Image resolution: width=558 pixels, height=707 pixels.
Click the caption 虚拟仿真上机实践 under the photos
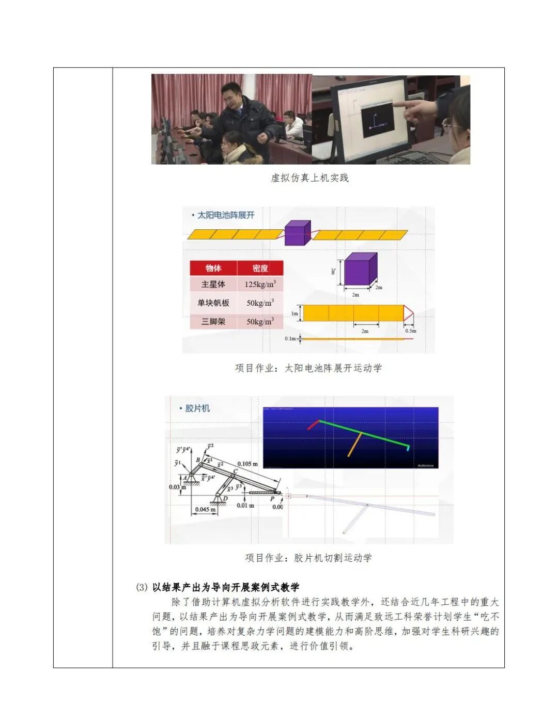click(309, 178)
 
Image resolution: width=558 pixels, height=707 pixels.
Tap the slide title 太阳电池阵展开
click(226, 215)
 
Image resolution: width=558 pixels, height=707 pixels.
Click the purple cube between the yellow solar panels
click(297, 233)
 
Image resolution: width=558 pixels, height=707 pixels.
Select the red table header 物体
click(213, 268)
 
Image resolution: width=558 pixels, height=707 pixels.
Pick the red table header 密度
click(260, 268)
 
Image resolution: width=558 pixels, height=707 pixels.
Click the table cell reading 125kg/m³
click(260, 285)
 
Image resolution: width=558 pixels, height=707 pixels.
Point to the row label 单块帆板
click(213, 303)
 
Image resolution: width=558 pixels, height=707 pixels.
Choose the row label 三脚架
click(213, 322)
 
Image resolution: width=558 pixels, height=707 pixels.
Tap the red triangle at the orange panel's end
click(409, 313)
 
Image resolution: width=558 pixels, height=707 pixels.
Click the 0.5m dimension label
click(410, 331)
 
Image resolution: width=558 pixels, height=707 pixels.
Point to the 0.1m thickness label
click(290, 339)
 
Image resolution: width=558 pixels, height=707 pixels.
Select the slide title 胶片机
click(198, 409)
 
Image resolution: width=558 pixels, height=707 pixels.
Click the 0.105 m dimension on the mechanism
click(247, 464)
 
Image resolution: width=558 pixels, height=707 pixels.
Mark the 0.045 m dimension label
click(205, 510)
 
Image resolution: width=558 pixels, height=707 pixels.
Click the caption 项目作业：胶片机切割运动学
click(308, 558)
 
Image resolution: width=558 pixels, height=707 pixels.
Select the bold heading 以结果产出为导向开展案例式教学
click(225, 587)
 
